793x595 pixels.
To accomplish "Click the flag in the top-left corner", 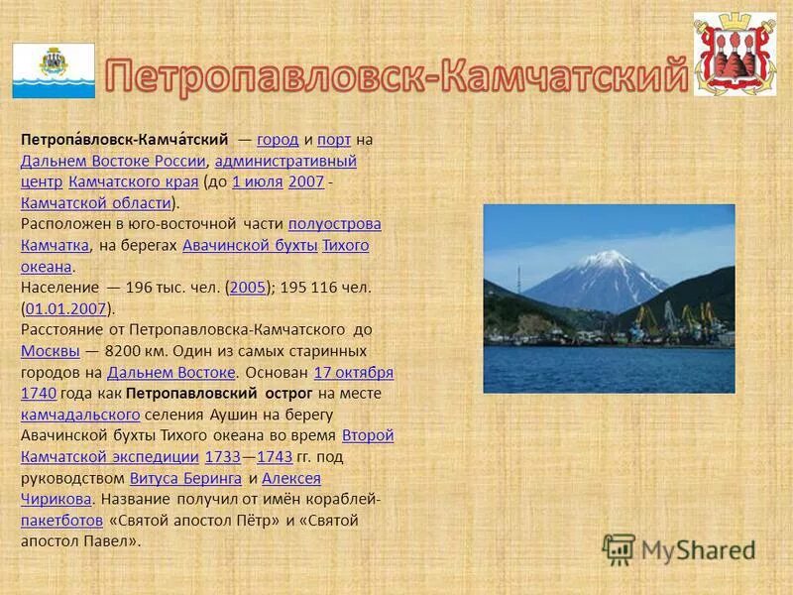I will pyautogui.click(x=54, y=70).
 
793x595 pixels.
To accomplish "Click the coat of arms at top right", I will pyautogui.click(x=735, y=56).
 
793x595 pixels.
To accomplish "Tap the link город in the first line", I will pyautogui.click(x=278, y=140).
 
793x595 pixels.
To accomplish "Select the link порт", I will pyautogui.click(x=334, y=140).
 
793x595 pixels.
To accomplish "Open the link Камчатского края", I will pyautogui.click(x=134, y=181).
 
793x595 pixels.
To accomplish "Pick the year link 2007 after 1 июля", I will pyautogui.click(x=306, y=181).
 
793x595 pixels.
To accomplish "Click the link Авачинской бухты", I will pyautogui.click(x=250, y=245).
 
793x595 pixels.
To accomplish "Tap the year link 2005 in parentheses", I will pyautogui.click(x=247, y=287).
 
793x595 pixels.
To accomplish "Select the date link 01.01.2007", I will pyautogui.click(x=65, y=308).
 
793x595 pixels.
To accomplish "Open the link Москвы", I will pyautogui.click(x=50, y=351).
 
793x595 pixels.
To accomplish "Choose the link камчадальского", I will pyautogui.click(x=79, y=415).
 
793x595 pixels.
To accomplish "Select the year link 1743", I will pyautogui.click(x=275, y=457).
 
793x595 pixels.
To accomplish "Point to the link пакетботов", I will pyautogui.click(x=61, y=521).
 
